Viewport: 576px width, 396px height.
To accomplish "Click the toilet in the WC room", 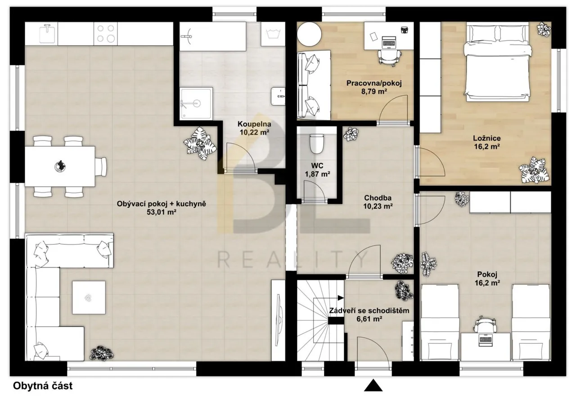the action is tap(316, 144).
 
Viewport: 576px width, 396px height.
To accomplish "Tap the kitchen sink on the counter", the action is tap(48, 34).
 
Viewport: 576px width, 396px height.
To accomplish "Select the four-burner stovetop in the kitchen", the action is tap(105, 34).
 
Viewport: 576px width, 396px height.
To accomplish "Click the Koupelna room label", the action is tap(254, 124).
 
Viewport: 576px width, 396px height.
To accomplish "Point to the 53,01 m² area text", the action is tap(162, 212).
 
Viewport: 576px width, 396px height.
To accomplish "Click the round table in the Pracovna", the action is tap(309, 34).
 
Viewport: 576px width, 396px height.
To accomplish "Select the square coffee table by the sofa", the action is tap(89, 297).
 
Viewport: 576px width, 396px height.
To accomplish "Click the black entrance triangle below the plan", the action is tap(373, 386).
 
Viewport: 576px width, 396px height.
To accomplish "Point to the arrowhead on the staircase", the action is tap(341, 298).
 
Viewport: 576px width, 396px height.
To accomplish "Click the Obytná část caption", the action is tap(43, 386).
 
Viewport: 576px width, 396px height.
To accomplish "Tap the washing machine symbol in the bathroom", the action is tap(273, 34).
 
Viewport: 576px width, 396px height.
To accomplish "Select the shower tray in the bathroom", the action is tap(196, 103).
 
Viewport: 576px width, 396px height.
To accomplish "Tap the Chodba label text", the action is tap(378, 198).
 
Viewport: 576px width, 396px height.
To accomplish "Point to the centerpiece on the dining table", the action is tap(61, 166).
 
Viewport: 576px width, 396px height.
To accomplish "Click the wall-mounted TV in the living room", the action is tap(279, 320).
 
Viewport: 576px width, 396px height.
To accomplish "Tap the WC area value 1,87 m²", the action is tap(318, 174).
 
